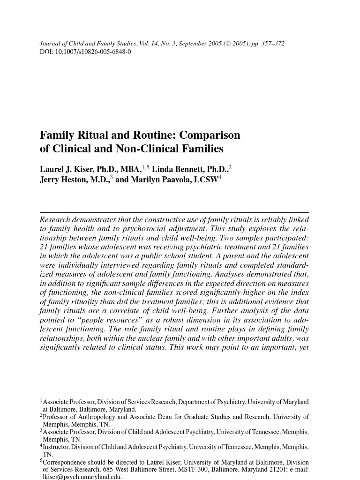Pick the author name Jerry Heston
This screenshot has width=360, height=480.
(65, 180)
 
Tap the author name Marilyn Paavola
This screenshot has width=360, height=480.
(159, 180)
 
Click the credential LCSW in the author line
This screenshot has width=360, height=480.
(206, 180)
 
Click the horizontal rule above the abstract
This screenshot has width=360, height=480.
(174, 213)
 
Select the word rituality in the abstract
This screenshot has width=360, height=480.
(95, 302)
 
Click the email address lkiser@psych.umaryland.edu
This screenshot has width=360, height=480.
(82, 477)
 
